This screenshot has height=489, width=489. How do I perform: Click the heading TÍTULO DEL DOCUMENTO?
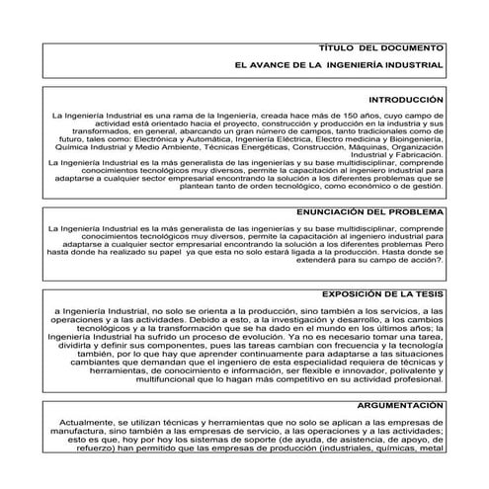[x=381, y=48]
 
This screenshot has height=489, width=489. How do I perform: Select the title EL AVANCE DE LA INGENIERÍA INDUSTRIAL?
[x=339, y=65]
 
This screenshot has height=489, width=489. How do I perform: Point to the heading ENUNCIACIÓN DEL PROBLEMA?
[x=369, y=212]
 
